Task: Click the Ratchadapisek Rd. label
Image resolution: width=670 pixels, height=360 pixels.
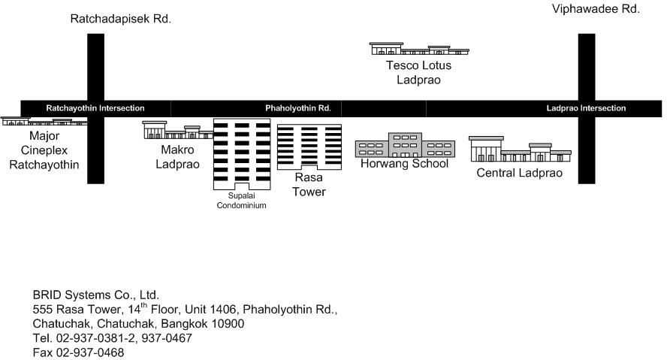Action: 120,19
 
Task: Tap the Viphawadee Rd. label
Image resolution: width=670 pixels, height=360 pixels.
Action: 596,9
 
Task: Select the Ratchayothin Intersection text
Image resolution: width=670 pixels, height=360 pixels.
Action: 95,108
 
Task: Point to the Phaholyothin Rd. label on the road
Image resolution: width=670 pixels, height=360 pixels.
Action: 298,108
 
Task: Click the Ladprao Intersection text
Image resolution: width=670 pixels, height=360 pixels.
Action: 586,108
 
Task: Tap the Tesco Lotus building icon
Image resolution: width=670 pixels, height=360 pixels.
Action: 419,49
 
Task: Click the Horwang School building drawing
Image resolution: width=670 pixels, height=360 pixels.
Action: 405,145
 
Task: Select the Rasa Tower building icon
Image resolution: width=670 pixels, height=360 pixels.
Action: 309,147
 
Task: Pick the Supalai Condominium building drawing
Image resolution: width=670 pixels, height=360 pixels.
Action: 242,154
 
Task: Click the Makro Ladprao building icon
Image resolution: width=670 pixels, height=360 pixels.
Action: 178,130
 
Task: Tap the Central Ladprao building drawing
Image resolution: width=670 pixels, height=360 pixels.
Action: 520,149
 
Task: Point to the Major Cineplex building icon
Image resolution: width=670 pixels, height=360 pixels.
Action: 44,121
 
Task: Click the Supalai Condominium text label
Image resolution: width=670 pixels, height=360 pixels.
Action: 241,201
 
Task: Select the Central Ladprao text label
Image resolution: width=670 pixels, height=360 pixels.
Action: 519,173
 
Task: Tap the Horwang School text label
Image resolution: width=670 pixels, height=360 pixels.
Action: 404,163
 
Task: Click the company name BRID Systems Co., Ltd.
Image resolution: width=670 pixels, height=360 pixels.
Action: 95,295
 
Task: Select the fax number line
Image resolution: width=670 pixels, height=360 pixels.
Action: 78,352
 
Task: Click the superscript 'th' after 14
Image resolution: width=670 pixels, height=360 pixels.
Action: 144,305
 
